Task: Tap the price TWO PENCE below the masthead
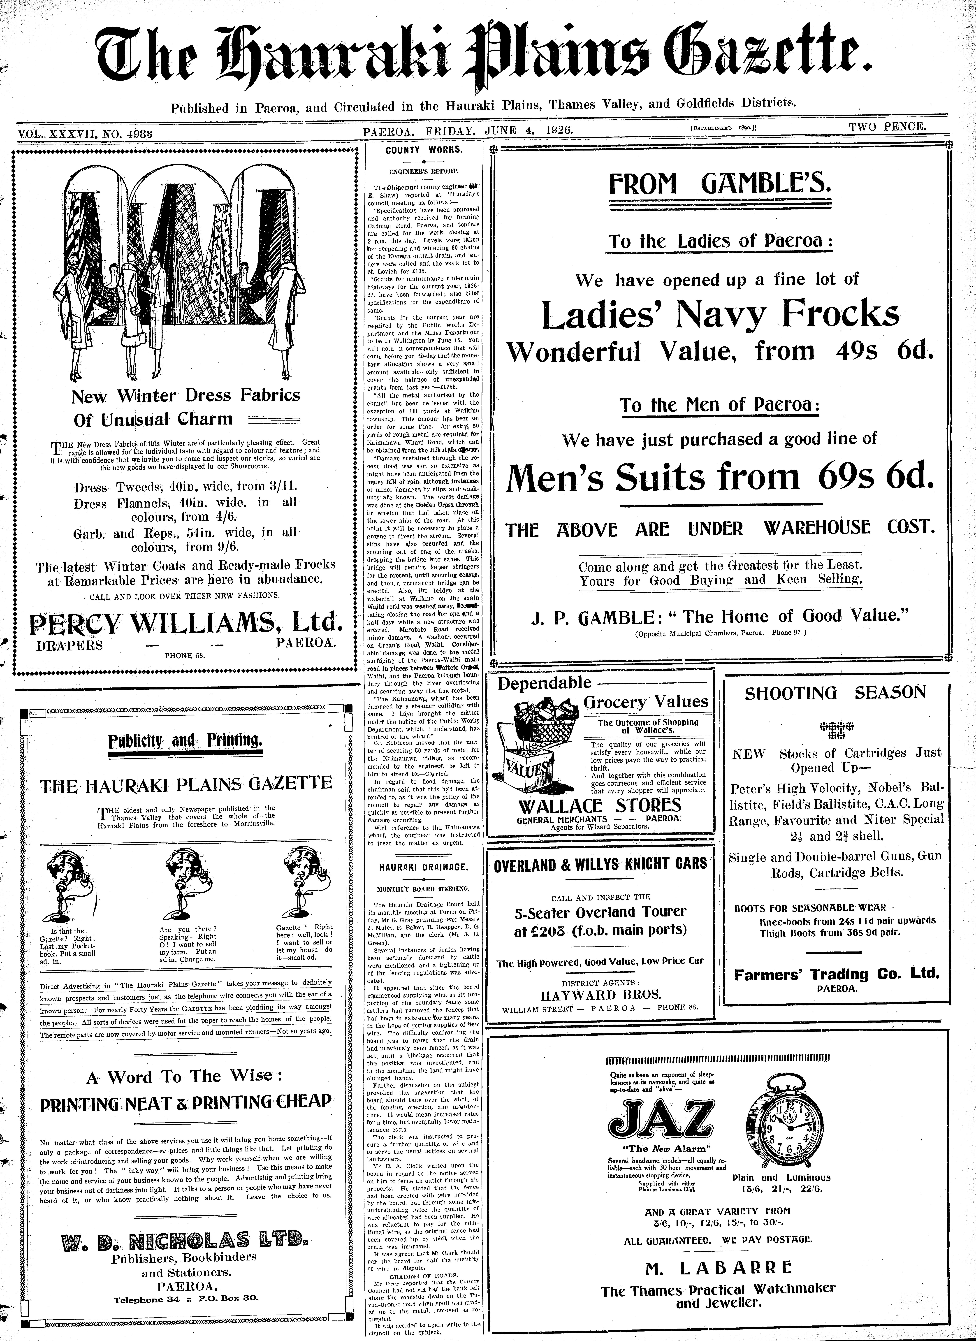887,127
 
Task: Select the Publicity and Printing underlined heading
186,741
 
